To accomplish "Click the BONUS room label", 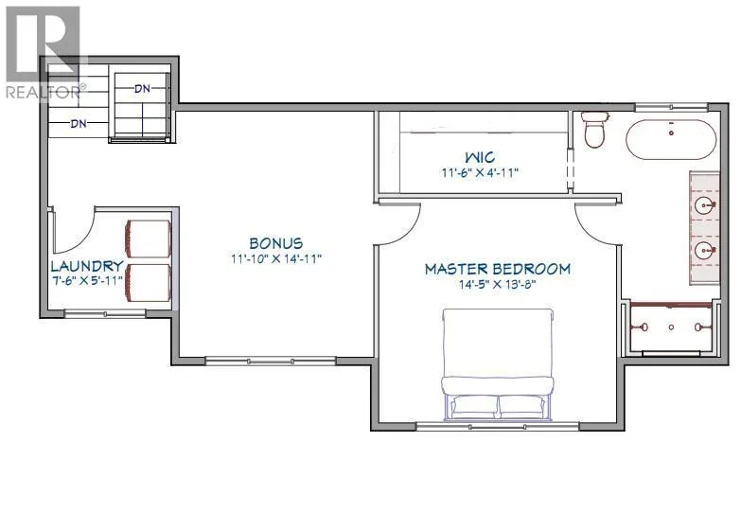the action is pyautogui.click(x=276, y=243).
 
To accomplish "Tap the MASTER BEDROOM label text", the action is pyautogui.click(x=498, y=269).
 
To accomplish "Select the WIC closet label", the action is pyautogui.click(x=480, y=157).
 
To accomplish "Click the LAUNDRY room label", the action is pyautogui.click(x=87, y=266).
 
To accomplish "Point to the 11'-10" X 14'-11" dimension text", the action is pyautogui.click(x=276, y=258).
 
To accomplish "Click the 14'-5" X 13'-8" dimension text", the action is pyautogui.click(x=497, y=285).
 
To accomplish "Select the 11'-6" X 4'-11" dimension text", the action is pyautogui.click(x=480, y=172).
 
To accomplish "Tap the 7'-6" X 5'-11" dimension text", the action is pyautogui.click(x=87, y=280).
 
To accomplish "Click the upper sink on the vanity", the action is pyautogui.click(x=705, y=205).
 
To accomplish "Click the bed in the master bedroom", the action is pyautogui.click(x=497, y=364).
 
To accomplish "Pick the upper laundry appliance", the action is pyautogui.click(x=148, y=238).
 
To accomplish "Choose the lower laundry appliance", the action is pyautogui.click(x=148, y=283).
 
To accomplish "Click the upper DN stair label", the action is pyautogui.click(x=142, y=88).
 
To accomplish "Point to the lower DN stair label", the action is pyautogui.click(x=79, y=123).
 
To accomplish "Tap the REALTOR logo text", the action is pyautogui.click(x=45, y=92).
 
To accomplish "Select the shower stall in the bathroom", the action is pyautogui.click(x=671, y=327).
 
